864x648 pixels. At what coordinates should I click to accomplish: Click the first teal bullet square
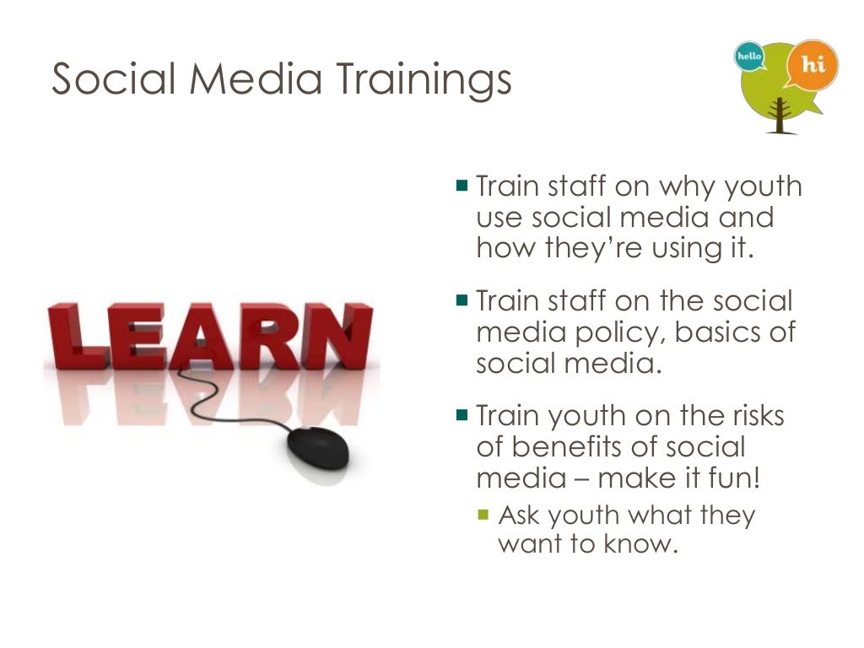click(x=462, y=184)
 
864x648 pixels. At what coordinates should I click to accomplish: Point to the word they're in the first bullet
click(x=598, y=248)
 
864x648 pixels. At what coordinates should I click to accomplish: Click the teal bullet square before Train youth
click(x=462, y=414)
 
